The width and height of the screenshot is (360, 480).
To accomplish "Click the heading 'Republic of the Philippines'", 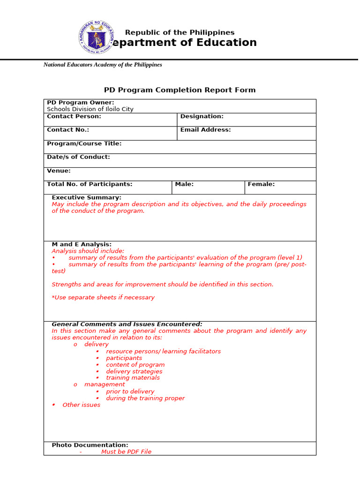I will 180,32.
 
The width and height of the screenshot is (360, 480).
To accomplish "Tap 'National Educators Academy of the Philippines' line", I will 103,65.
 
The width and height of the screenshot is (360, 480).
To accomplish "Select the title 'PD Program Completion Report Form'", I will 180,90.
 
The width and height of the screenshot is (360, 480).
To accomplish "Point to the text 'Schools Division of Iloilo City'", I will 90,109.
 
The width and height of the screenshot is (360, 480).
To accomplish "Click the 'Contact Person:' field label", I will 74,116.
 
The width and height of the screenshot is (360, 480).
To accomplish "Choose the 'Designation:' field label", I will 202,116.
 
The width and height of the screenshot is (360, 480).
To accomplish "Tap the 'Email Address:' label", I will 205,130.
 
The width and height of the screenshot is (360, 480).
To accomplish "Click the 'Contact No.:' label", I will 68,130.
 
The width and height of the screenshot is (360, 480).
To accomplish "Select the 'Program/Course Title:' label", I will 84,143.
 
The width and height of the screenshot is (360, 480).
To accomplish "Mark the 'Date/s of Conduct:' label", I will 78,157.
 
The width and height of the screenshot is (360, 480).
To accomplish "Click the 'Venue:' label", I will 59,171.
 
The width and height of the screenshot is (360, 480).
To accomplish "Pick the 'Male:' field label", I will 184,184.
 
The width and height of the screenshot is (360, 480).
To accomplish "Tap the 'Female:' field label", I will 261,184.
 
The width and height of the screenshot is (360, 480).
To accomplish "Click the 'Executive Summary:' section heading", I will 86,197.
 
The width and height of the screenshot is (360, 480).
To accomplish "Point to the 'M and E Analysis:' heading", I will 82,244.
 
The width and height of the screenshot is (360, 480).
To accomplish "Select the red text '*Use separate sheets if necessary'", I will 103,298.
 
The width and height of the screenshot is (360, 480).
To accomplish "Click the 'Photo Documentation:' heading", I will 90,445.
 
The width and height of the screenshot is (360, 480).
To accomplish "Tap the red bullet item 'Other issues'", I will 81,405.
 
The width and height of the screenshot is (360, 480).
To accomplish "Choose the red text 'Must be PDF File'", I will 126,452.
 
